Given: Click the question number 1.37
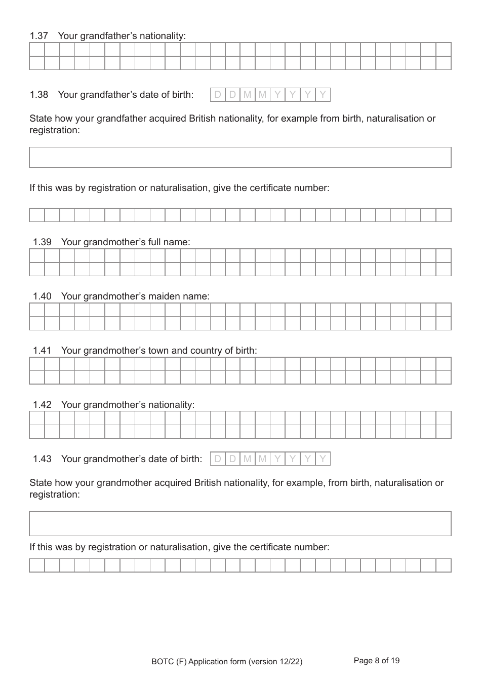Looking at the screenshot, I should [x=39, y=36].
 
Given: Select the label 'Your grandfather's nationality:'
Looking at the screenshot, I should [x=122, y=36].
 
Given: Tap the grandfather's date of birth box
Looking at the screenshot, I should [x=270, y=95].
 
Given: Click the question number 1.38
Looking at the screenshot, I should [x=39, y=95].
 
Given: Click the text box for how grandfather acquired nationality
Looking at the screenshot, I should [x=240, y=158].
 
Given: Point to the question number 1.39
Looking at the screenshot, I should [x=42, y=242].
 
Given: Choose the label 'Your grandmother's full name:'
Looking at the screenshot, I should [x=126, y=242].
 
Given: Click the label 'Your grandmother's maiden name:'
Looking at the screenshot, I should [x=135, y=296].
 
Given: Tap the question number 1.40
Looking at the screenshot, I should [x=42, y=296].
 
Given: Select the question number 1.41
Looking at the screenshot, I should [x=42, y=351].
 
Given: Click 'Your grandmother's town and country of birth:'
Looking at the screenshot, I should [x=159, y=351].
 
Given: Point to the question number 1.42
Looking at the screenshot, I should [x=42, y=405].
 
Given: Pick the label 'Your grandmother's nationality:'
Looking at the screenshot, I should [x=128, y=405].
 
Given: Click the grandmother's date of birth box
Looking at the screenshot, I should [x=270, y=459].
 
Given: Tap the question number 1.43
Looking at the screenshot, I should [x=42, y=459].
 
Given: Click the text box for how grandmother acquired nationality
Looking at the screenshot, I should [x=240, y=523].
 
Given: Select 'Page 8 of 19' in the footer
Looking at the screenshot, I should [x=376, y=661].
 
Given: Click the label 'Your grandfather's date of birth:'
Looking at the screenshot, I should [x=126, y=95].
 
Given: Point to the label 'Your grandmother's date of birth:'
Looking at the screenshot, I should [x=132, y=459].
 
